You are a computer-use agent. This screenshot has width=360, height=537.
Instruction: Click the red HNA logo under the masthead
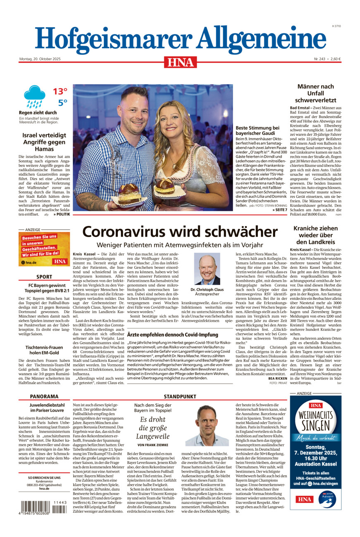(x=180, y=62)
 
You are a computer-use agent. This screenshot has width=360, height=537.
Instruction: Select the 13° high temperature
(x=60, y=91)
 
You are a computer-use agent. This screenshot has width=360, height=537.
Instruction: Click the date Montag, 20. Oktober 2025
(x=40, y=59)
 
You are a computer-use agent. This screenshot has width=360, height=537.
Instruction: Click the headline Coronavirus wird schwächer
(x=180, y=231)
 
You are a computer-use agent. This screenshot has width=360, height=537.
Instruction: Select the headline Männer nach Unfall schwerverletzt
(x=315, y=93)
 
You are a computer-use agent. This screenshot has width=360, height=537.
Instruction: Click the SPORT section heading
(x=44, y=277)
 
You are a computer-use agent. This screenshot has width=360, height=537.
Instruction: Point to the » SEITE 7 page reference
(x=280, y=210)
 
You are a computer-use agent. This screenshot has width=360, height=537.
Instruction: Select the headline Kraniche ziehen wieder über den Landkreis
(x=315, y=235)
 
